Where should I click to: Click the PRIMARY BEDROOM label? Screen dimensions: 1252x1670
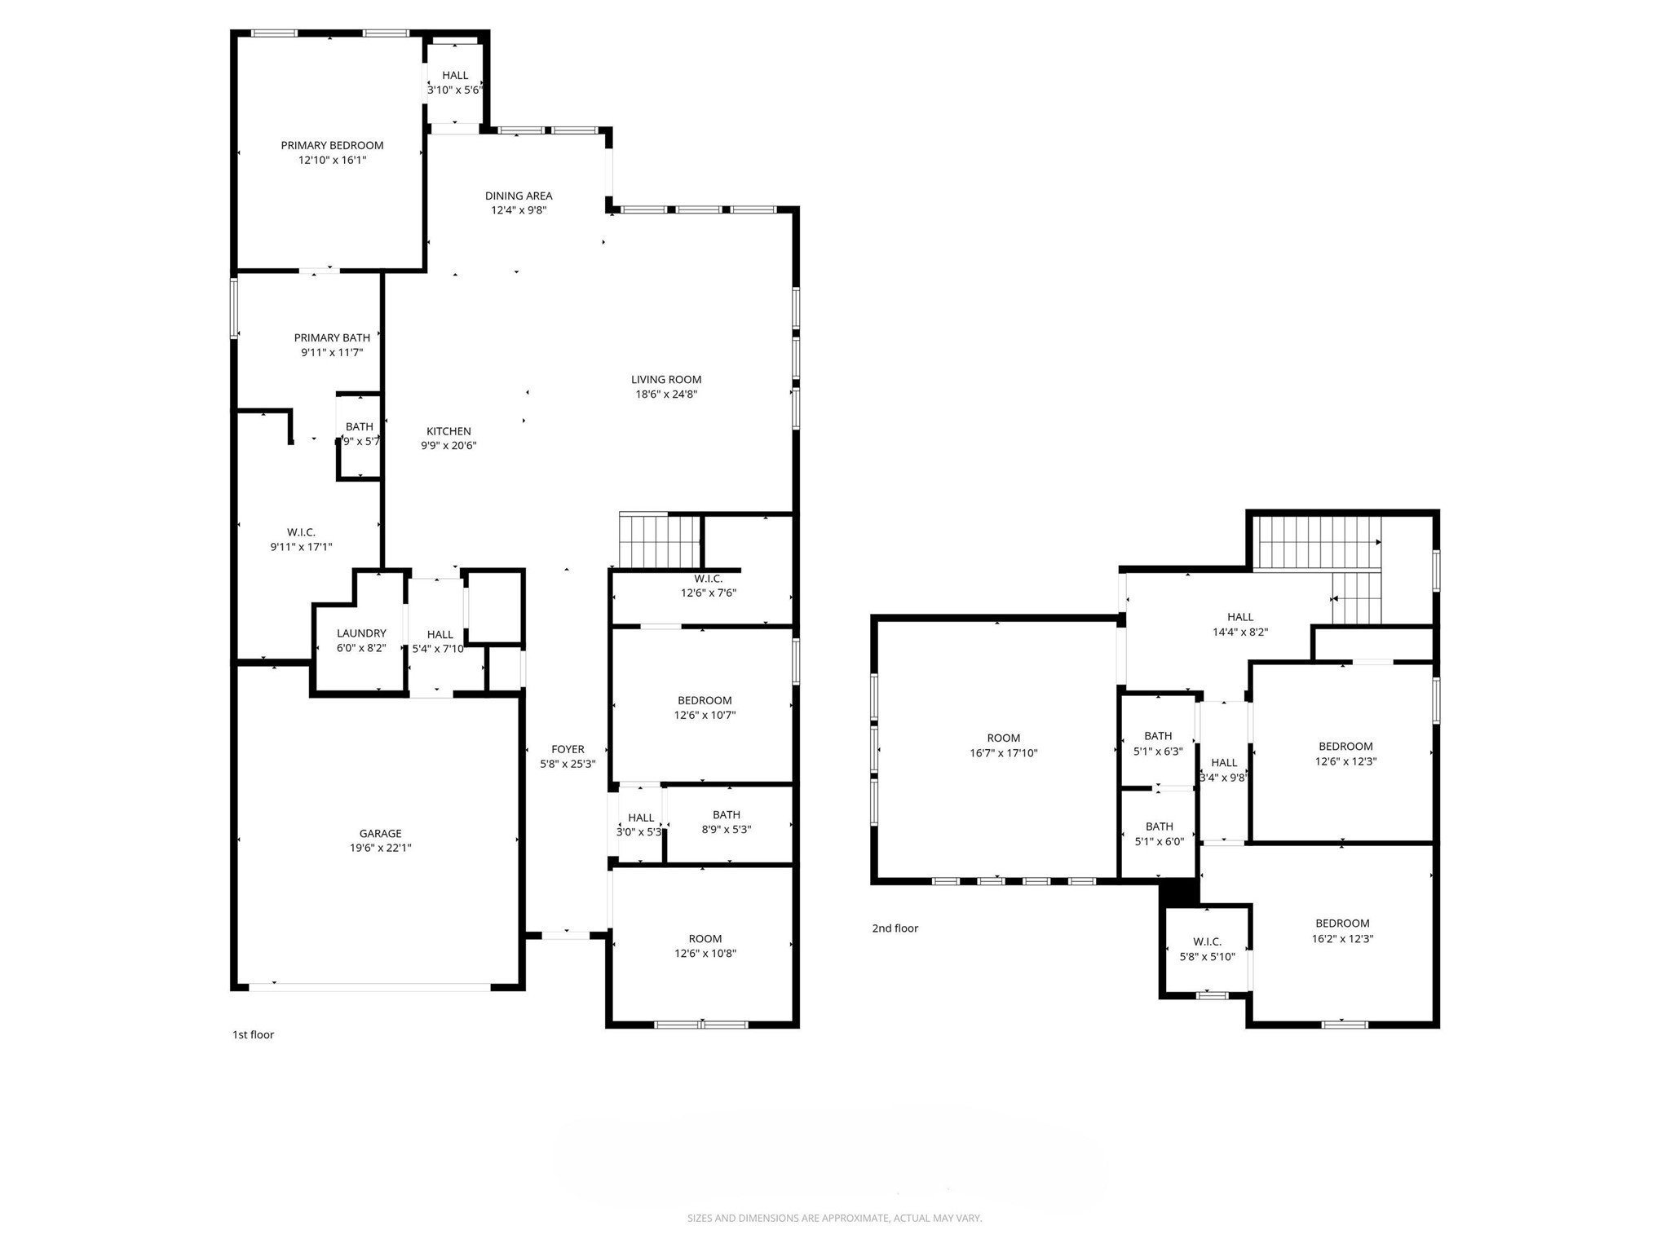tap(332, 145)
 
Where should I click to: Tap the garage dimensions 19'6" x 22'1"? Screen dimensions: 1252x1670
tap(380, 848)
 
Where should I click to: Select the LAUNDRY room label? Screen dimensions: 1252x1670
tap(361, 633)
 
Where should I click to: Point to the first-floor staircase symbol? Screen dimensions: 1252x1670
tap(659, 540)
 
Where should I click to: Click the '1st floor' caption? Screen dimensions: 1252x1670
tap(253, 1034)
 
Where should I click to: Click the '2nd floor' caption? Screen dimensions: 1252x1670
tap(895, 928)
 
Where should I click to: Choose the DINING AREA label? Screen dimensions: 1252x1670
tap(519, 196)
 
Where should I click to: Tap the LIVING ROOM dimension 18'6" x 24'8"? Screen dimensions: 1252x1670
tap(666, 394)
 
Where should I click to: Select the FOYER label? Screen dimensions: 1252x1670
tap(568, 749)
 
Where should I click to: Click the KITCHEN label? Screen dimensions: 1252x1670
tap(448, 431)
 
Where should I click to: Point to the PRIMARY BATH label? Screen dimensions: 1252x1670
tap(332, 337)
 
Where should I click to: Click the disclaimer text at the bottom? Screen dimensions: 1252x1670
tap(834, 1218)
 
